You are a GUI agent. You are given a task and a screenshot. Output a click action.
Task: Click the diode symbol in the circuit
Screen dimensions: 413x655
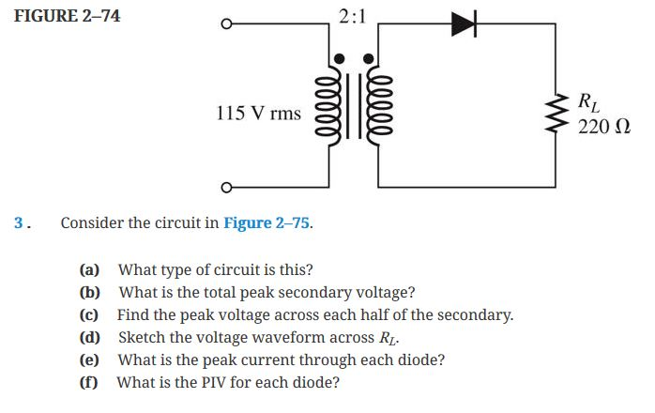click(x=465, y=24)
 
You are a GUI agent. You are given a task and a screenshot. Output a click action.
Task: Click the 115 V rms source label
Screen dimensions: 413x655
click(x=258, y=114)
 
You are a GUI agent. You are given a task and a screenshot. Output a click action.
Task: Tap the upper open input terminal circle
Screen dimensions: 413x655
click(x=225, y=24)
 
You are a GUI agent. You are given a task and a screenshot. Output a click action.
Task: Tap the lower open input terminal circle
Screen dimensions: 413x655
click(x=225, y=189)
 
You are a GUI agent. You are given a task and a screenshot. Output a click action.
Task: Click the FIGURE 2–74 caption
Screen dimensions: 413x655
click(x=68, y=16)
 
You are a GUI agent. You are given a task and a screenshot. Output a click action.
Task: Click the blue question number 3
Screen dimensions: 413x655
click(x=22, y=223)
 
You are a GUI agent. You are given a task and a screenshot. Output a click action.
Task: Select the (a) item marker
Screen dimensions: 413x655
click(x=90, y=269)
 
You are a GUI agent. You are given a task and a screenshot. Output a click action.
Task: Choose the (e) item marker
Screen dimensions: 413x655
click(x=90, y=359)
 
